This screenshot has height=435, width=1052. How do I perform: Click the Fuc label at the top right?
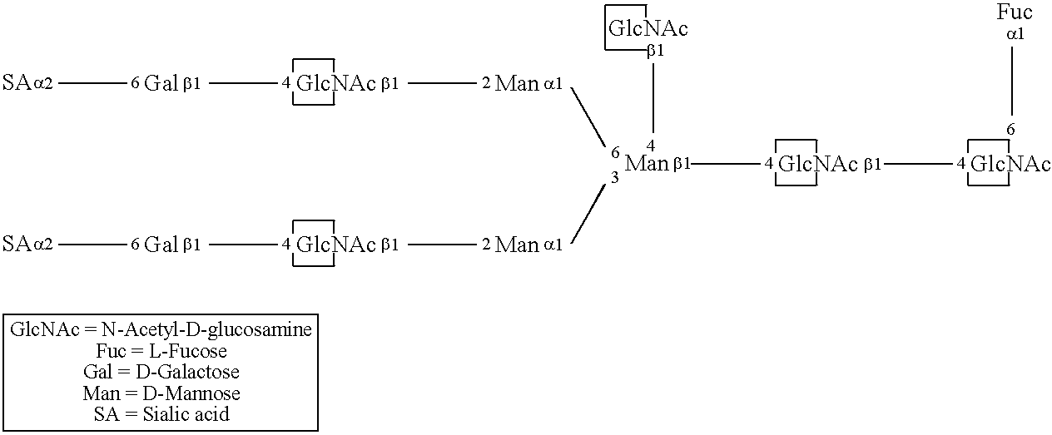tap(1015, 12)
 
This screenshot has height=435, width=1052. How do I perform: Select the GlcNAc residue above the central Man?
tap(648, 29)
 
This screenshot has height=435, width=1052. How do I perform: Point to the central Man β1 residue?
tap(646, 163)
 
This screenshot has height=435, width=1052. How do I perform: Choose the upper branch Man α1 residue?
tap(516, 83)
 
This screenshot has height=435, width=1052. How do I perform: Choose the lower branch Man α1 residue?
tap(516, 245)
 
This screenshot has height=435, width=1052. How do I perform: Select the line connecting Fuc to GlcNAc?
tap(1012, 80)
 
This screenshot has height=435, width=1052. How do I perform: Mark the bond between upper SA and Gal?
tap(91, 83)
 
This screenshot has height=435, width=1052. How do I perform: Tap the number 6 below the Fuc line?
tap(1011, 129)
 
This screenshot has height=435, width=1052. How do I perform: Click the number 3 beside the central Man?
tap(615, 177)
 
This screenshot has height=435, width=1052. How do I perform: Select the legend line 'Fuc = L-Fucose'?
tap(161, 351)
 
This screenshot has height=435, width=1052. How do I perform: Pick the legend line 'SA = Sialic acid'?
tap(161, 413)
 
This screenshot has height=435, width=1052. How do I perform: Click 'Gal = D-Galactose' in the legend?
tap(161, 372)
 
